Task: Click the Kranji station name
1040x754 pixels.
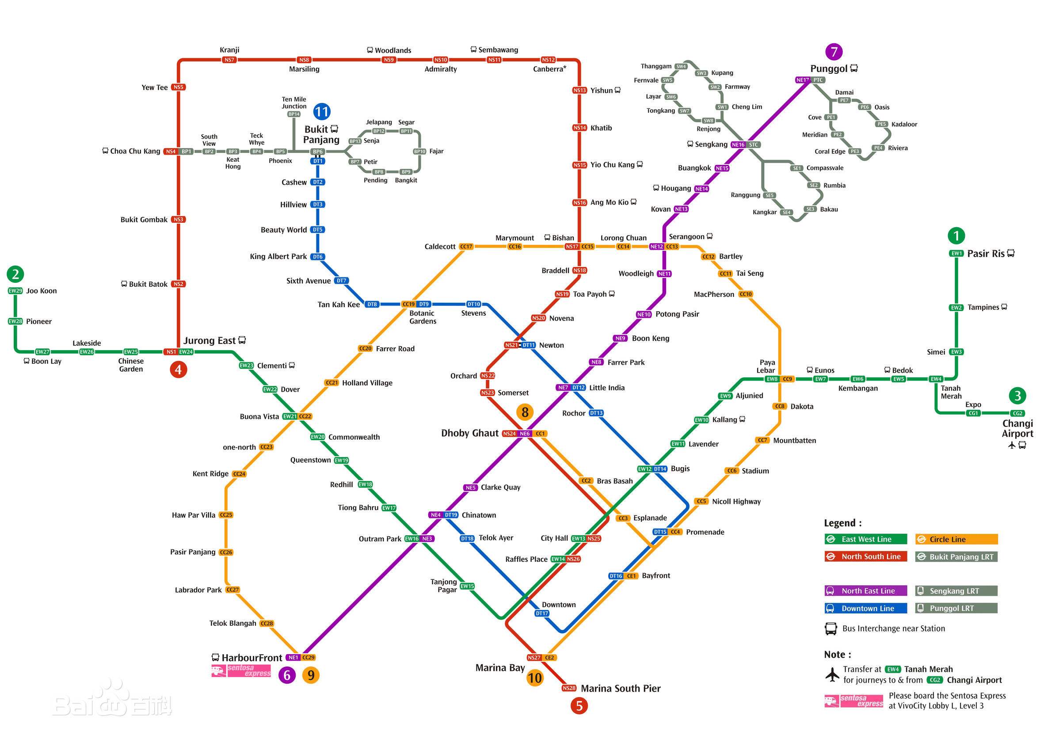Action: pyautogui.click(x=229, y=50)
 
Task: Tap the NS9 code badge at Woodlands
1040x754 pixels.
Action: pyautogui.click(x=389, y=60)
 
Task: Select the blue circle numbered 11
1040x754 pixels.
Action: pyautogui.click(x=321, y=111)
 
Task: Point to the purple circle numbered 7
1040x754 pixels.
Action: pyautogui.click(x=834, y=51)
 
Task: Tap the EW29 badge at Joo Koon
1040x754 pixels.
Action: pyautogui.click(x=15, y=291)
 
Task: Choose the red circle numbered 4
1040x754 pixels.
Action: pyautogui.click(x=178, y=369)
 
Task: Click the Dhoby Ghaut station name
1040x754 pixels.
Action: pyautogui.click(x=469, y=434)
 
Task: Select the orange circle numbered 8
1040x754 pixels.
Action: pyautogui.click(x=525, y=412)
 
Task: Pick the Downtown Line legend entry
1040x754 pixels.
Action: pyautogui.click(x=865, y=608)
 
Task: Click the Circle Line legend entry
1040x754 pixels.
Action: pyautogui.click(x=956, y=539)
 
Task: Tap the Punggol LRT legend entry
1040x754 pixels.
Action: pyautogui.click(x=956, y=608)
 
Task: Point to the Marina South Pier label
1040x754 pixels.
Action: pyautogui.click(x=621, y=689)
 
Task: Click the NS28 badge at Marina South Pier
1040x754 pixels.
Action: pyautogui.click(x=568, y=688)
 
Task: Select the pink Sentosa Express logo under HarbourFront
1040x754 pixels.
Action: pyautogui.click(x=241, y=671)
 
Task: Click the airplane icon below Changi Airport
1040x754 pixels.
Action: pyautogui.click(x=1012, y=445)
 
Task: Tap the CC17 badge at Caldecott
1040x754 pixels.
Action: pyautogui.click(x=466, y=247)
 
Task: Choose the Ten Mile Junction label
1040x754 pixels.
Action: pyautogui.click(x=294, y=103)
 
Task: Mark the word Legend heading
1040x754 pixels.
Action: pyautogui.click(x=842, y=523)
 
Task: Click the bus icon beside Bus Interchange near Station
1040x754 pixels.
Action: pyautogui.click(x=830, y=629)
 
